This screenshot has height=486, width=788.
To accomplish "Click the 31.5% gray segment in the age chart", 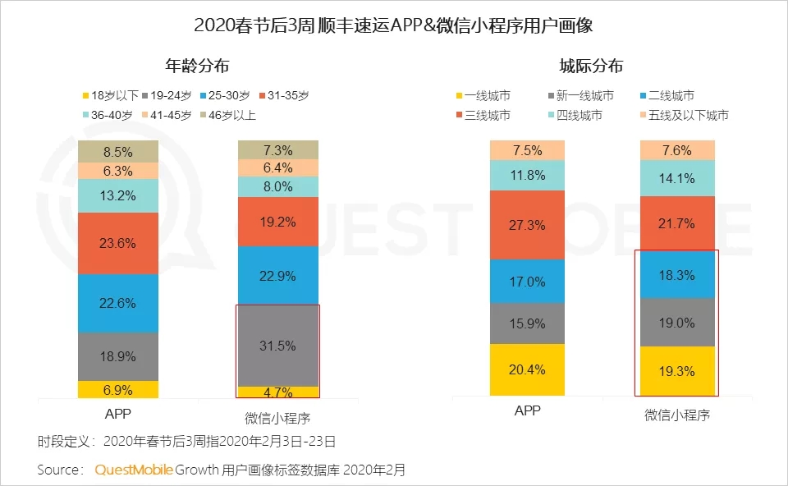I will [x=278, y=346].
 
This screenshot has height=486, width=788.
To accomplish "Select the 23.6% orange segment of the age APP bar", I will [x=118, y=243].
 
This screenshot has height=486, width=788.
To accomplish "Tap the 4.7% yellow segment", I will [x=278, y=392].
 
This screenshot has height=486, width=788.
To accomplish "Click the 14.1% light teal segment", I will [x=676, y=177].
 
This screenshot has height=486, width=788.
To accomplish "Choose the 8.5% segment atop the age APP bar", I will [x=118, y=152].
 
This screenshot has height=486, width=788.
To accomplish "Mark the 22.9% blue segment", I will [x=278, y=275].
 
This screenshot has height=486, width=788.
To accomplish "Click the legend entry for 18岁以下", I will [x=107, y=96].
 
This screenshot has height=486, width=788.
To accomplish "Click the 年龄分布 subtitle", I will [x=198, y=66].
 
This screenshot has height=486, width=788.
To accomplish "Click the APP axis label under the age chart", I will [x=118, y=413].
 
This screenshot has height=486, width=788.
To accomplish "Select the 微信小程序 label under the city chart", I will [x=676, y=415].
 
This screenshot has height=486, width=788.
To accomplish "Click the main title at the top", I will [x=393, y=25].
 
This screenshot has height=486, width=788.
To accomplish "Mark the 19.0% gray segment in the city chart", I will [x=676, y=322].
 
